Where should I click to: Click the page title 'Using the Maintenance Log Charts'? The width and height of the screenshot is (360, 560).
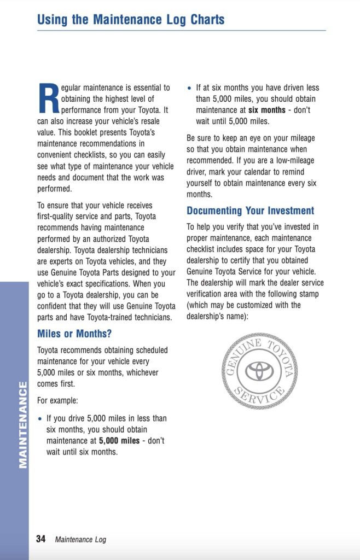coord(131,20)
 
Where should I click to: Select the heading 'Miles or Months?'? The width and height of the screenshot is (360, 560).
coord(74,333)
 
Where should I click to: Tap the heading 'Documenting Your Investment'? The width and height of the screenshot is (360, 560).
coord(250,211)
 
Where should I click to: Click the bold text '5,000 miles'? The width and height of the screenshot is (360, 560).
coord(119,440)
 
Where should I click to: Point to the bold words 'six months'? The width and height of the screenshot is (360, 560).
coord(266,110)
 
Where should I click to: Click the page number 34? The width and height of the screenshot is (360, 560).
coord(41,539)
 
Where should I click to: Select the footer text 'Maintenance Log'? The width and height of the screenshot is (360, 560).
coord(80,539)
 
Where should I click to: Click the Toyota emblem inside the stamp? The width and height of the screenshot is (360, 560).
coord(259,371)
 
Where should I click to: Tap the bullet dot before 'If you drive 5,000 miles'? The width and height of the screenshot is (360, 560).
coord(40,419)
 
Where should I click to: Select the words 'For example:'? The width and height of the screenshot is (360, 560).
coord(57,400)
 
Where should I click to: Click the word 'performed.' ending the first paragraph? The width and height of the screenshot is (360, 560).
coord(54,189)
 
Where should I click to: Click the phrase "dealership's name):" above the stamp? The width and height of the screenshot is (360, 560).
coord(218,316)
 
